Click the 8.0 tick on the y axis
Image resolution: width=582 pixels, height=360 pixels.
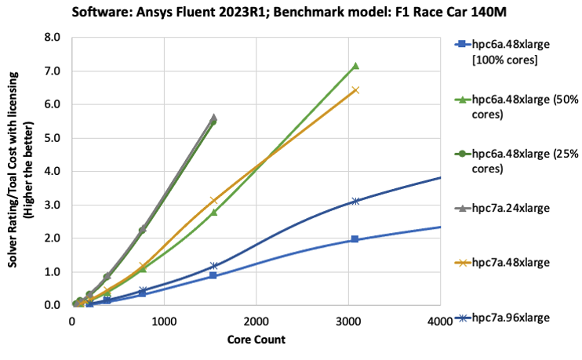(x=54, y=37)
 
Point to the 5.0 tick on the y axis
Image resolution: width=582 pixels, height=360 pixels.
(x=54, y=137)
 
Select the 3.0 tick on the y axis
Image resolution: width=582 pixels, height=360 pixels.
(x=54, y=205)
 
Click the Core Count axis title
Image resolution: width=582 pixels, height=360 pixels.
(x=256, y=340)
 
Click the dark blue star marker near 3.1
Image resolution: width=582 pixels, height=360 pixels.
(x=355, y=201)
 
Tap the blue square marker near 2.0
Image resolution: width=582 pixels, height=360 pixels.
(x=355, y=239)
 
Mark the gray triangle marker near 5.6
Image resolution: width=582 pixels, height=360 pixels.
(x=213, y=117)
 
